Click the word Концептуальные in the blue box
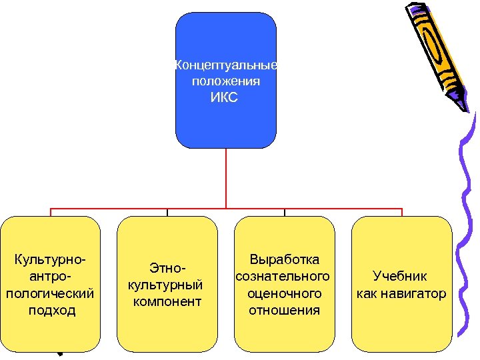pos(225,65)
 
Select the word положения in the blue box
pos(225,81)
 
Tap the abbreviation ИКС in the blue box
pos(225,98)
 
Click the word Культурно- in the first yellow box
pos(51,259)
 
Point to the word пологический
pos(51,293)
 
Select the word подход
pos(52,311)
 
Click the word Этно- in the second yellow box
pos(167,269)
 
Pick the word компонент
pos(167,302)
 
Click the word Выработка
pos(284,259)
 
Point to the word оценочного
pos(284,293)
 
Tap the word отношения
pos(284,310)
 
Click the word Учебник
pos(400,276)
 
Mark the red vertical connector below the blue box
pos(226,177)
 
